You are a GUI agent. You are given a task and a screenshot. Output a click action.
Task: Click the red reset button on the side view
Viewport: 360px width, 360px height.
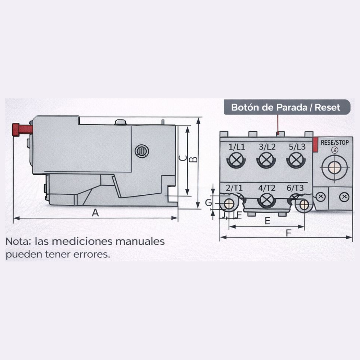[22, 130]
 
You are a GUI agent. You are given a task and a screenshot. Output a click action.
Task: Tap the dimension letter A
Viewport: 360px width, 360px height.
[95, 213]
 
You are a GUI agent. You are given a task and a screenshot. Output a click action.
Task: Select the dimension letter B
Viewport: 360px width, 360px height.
[194, 159]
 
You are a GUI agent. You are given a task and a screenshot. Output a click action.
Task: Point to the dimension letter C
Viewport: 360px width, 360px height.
[183, 158]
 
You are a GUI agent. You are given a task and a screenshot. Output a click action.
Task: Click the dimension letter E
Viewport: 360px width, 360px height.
[267, 221]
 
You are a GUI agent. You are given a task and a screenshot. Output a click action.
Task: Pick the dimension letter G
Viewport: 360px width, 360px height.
[208, 203]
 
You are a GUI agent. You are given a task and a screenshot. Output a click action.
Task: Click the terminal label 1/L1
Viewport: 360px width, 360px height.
[237, 147]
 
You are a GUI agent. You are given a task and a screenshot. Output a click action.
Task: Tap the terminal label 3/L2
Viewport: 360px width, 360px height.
[267, 147]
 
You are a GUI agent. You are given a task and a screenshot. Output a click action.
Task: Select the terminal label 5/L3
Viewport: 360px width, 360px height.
[297, 147]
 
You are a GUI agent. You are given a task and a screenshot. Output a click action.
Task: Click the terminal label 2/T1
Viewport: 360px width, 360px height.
[234, 188]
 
